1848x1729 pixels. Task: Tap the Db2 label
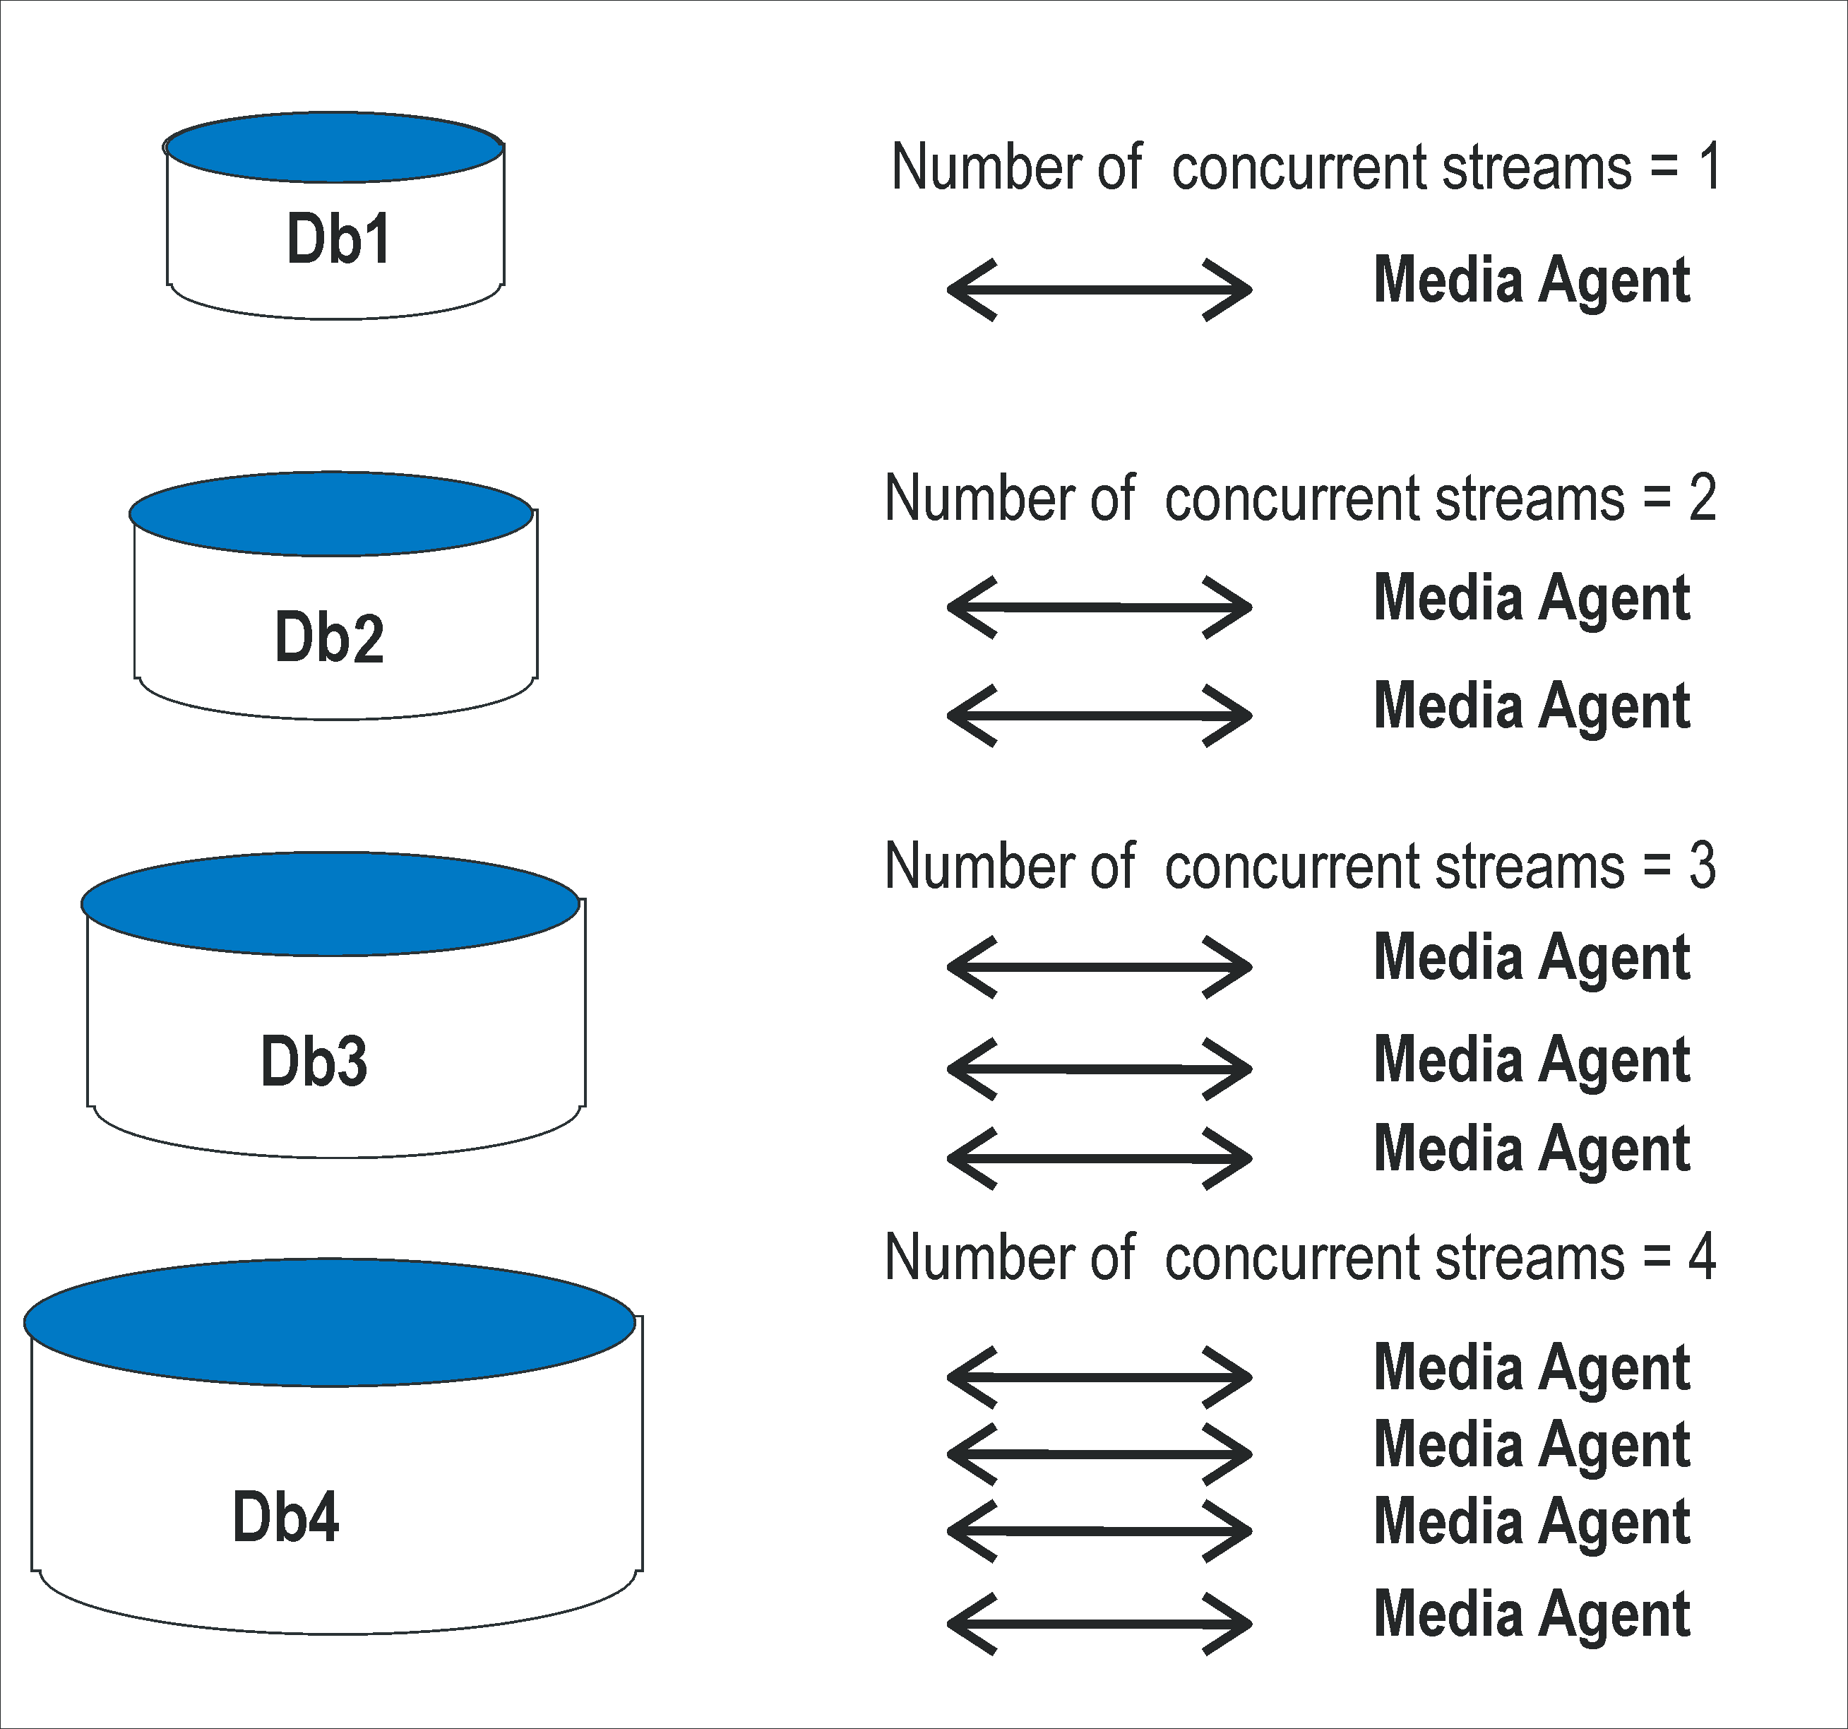(x=329, y=638)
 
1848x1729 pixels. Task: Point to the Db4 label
(x=285, y=1517)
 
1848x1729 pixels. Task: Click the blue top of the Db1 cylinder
(x=334, y=147)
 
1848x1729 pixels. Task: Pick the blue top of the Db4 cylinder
(x=329, y=1322)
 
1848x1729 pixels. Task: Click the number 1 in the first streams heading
(x=1709, y=167)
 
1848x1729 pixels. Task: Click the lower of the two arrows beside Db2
(x=1099, y=715)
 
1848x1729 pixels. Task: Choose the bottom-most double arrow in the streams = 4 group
(x=1099, y=1624)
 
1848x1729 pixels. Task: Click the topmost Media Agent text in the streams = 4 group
(x=1531, y=1367)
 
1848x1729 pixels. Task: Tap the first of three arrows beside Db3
(x=1099, y=967)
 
